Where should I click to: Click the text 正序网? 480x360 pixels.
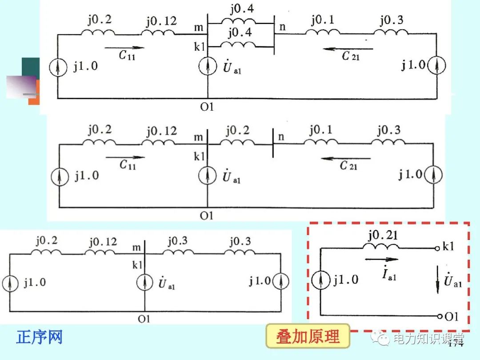pyautogui.click(x=39, y=337)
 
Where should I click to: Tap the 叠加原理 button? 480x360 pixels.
pyautogui.click(x=308, y=336)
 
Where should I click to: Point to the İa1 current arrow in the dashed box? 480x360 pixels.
pyautogui.click(x=382, y=260)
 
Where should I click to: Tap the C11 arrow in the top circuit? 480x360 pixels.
pyautogui.click(x=124, y=47)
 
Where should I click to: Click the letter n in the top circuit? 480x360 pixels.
pyautogui.click(x=283, y=27)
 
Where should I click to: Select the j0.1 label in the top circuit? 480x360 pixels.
pyautogui.click(x=323, y=20)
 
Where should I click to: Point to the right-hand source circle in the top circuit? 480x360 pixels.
pyautogui.click(x=437, y=66)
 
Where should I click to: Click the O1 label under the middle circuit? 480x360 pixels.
pyautogui.click(x=206, y=216)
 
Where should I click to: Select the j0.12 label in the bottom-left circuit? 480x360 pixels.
pyautogui.click(x=103, y=242)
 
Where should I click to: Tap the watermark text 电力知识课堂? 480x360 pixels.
pyautogui.click(x=427, y=340)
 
